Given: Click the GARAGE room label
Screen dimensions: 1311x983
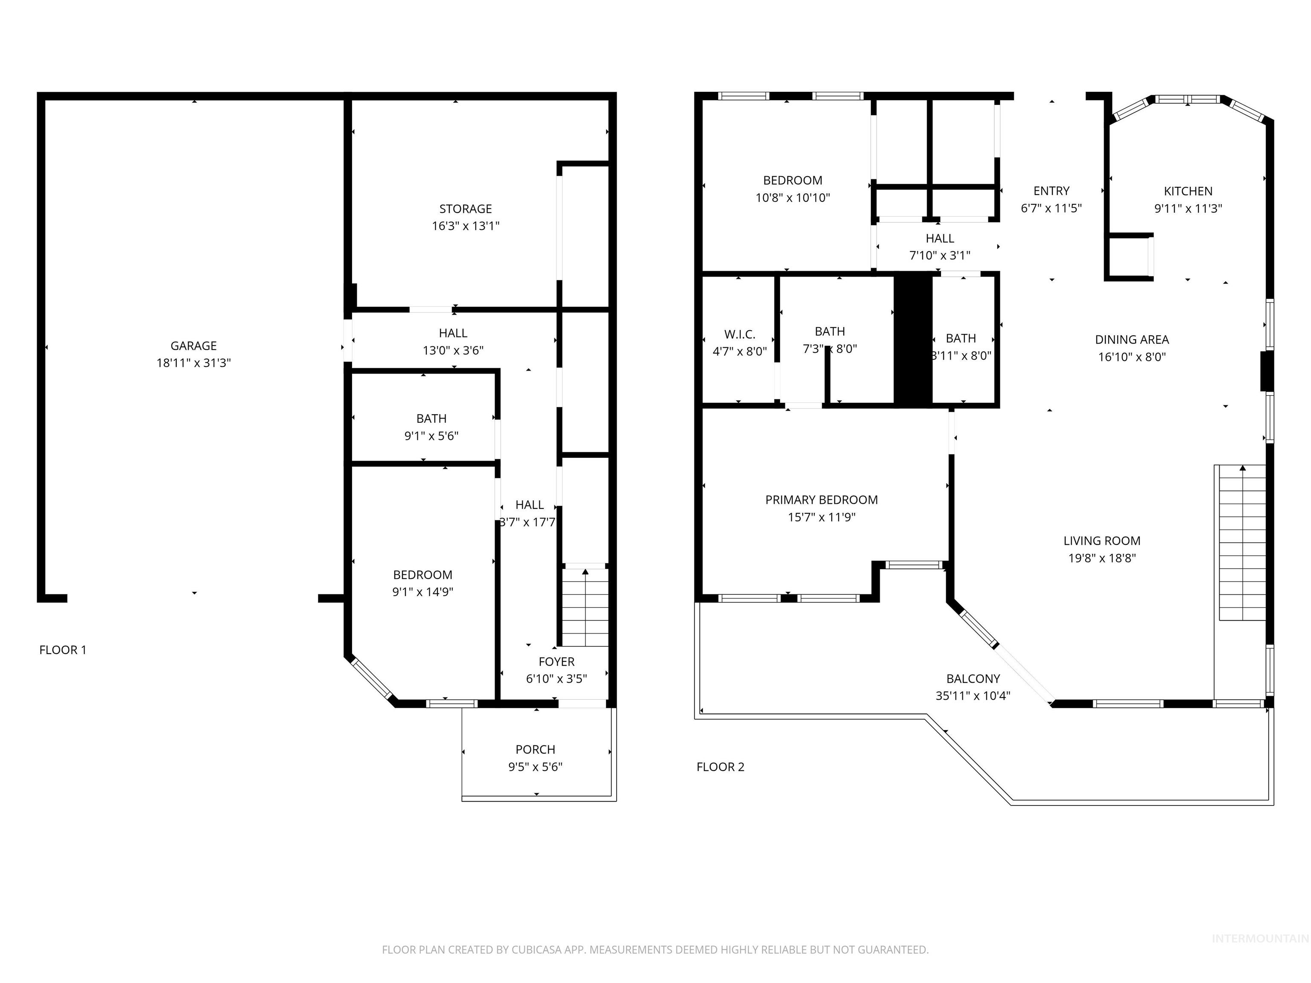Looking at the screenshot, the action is [193, 346].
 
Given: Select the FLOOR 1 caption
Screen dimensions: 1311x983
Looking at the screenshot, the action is [63, 650].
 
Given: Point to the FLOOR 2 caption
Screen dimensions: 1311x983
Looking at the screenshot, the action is [720, 767].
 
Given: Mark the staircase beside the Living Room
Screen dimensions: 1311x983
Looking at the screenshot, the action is [1242, 543].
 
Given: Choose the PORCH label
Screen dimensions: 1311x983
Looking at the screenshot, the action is [535, 750].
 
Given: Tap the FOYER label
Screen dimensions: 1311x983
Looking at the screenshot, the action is [556, 662].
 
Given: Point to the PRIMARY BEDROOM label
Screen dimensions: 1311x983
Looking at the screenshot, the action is [822, 500].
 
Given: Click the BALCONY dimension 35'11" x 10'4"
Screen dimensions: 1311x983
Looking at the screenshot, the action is [973, 695].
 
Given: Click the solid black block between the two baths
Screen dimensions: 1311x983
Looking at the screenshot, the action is [913, 340].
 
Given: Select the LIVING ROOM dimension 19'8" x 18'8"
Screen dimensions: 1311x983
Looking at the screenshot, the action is [1102, 558].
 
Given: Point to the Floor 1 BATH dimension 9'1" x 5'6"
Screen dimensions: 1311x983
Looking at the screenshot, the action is [431, 436].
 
